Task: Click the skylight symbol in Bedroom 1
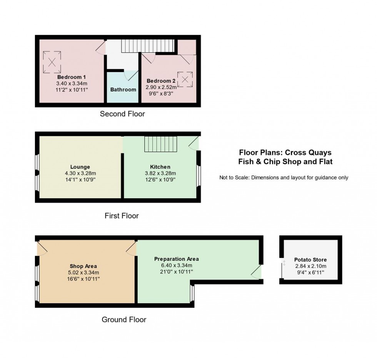point(52,62)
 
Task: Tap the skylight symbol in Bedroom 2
point(185,79)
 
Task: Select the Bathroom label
point(123,89)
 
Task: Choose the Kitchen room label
point(160,167)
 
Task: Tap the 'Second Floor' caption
point(122,114)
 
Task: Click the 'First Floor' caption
point(122,216)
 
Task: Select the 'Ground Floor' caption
point(124,319)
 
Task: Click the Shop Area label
point(83,266)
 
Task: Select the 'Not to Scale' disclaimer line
point(284,177)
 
